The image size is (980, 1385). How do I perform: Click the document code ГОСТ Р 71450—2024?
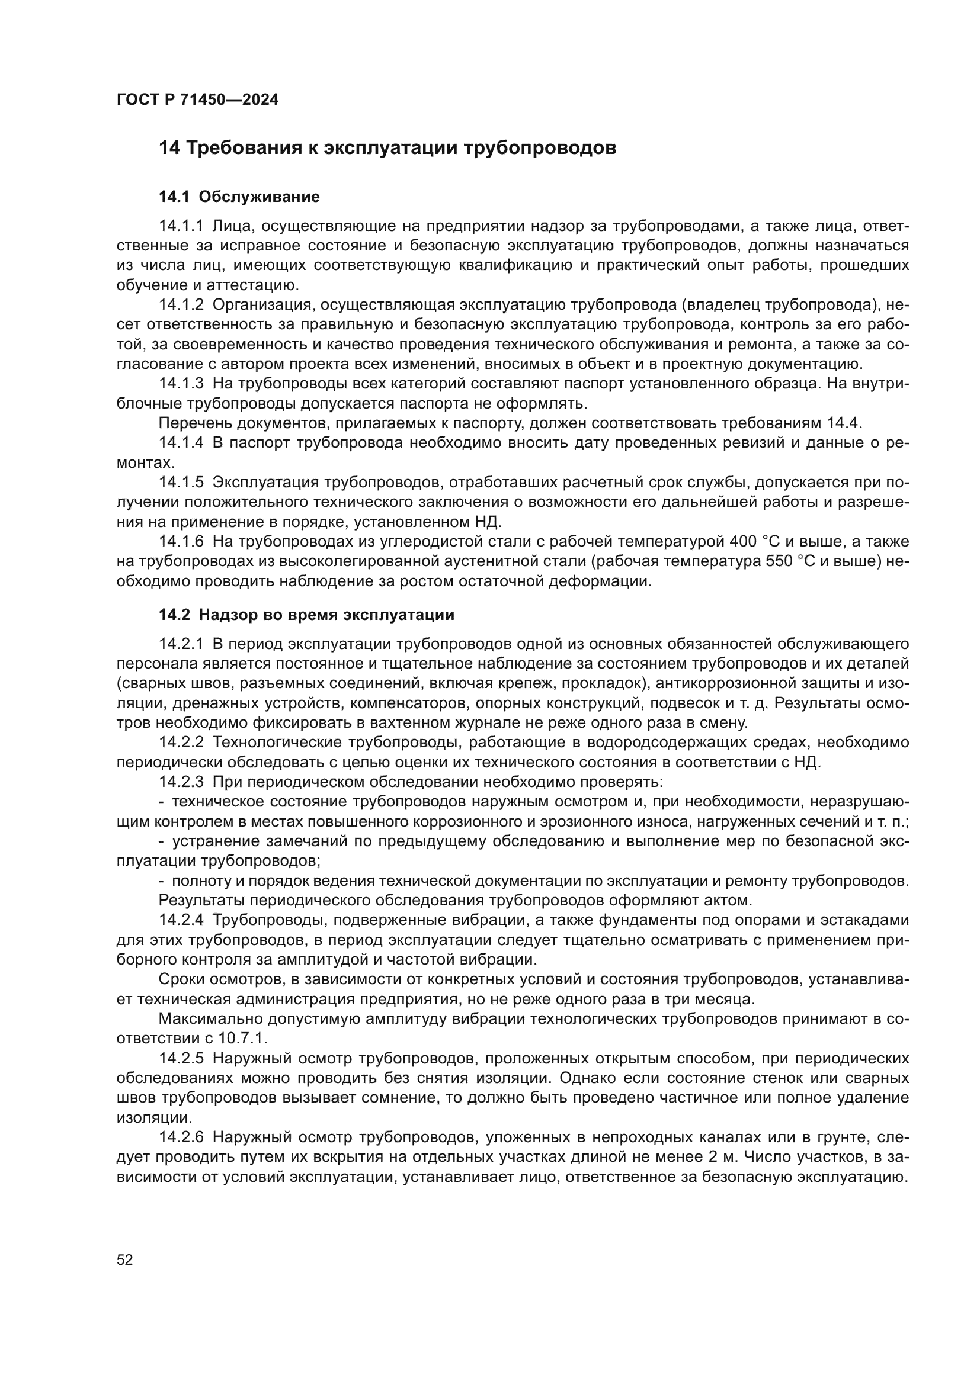[x=197, y=100]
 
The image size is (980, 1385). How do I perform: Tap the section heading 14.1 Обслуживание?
[x=239, y=197]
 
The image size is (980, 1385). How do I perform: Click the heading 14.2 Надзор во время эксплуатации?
[x=306, y=615]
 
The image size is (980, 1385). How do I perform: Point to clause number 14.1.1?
[x=182, y=226]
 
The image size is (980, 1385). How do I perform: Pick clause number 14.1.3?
[x=182, y=384]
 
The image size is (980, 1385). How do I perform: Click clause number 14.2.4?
[x=182, y=920]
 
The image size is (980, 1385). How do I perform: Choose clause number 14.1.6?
[x=182, y=541]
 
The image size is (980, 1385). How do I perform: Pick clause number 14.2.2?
[x=182, y=742]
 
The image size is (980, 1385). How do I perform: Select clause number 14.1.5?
[x=182, y=482]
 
